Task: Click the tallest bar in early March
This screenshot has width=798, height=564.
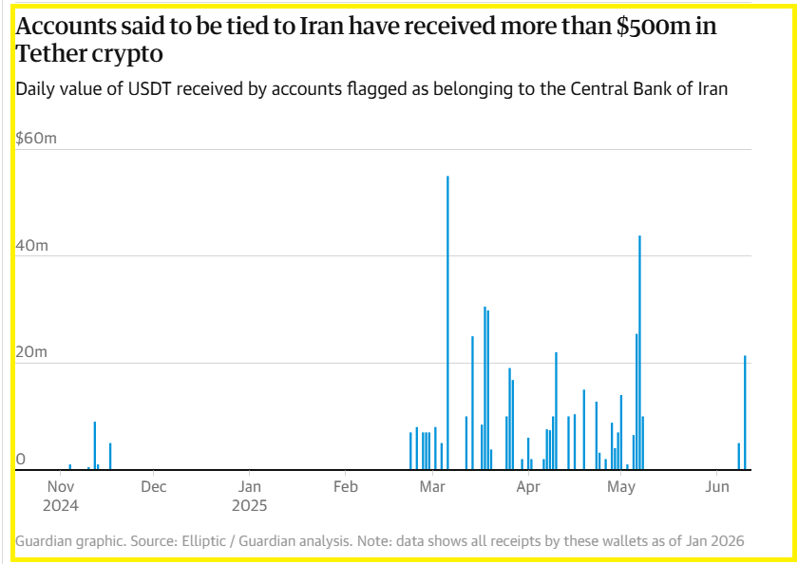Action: click(447, 323)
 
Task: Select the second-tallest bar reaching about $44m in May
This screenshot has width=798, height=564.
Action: click(639, 352)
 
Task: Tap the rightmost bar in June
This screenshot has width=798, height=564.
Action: click(745, 412)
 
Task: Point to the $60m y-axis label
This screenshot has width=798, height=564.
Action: click(36, 139)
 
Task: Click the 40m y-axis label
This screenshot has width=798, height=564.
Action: click(31, 245)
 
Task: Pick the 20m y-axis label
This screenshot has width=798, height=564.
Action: click(31, 352)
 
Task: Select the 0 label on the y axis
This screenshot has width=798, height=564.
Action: click(20, 460)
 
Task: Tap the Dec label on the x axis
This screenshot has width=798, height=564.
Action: click(153, 486)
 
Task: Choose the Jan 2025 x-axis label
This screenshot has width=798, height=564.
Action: click(248, 495)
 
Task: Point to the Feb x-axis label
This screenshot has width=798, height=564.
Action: click(345, 486)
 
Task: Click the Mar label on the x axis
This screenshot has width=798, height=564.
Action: click(433, 486)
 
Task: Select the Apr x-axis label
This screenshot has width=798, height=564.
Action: click(528, 486)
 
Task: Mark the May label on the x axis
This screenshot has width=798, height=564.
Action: click(620, 486)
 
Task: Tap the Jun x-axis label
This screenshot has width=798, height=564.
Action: click(717, 486)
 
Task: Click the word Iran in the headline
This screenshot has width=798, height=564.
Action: click(323, 28)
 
